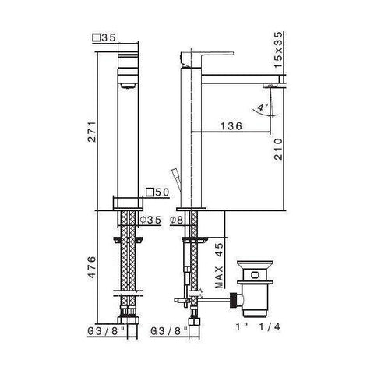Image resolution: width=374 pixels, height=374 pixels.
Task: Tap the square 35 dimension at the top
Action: pyautogui.click(x=104, y=37)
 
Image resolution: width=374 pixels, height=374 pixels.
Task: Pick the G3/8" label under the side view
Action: pyautogui.click(x=168, y=330)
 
